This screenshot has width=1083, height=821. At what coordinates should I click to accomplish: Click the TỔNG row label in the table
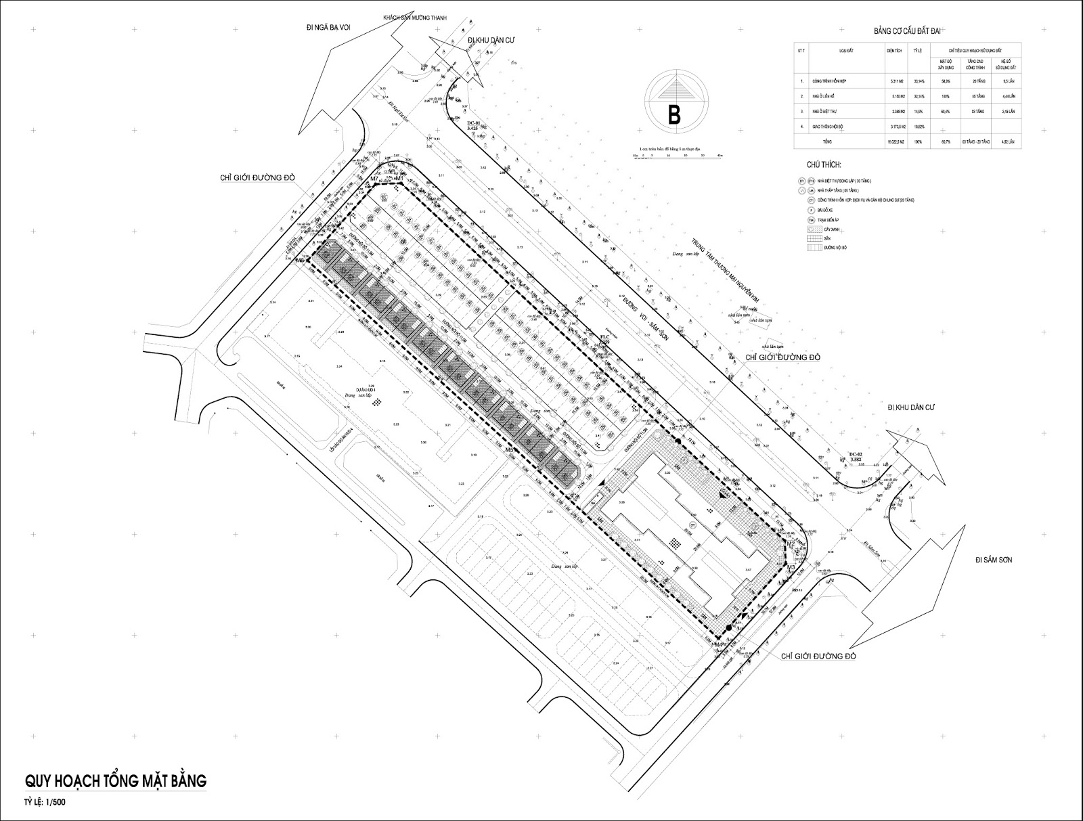coord(846,142)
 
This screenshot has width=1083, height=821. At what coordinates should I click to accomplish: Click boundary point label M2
coord(790,543)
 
